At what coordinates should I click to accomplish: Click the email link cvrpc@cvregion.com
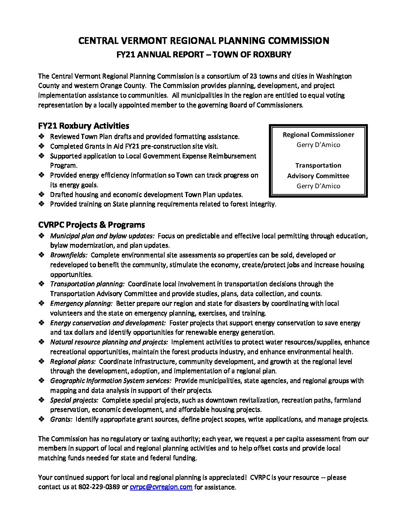[x=161, y=487]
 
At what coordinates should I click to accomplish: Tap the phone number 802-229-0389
[x=99, y=487]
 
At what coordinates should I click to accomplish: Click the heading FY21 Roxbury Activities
[x=84, y=126]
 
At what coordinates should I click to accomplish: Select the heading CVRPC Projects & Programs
[x=91, y=225]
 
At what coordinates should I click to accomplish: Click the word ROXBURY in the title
[x=272, y=54]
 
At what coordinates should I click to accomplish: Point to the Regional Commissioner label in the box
[x=318, y=135]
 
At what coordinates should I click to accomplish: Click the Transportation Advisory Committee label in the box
[x=318, y=171]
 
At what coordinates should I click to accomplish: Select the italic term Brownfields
[x=69, y=255]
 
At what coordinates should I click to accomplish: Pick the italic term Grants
[x=61, y=419]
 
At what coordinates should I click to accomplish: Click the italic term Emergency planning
[x=81, y=303]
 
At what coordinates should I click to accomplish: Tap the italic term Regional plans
[x=73, y=361]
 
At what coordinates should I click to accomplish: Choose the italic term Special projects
[x=74, y=400]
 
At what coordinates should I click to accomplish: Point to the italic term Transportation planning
[x=87, y=284]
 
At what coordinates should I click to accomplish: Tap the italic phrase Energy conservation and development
[x=108, y=323]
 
